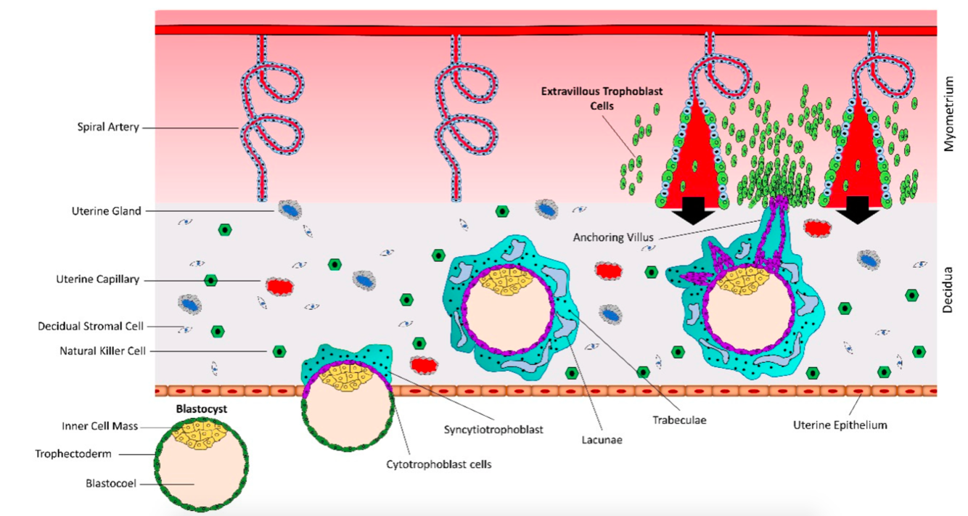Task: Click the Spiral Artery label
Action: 107,127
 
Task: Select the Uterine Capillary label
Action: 97,279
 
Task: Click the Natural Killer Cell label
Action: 102,351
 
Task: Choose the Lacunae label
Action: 602,439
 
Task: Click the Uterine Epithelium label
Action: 840,425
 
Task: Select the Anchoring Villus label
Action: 614,237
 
